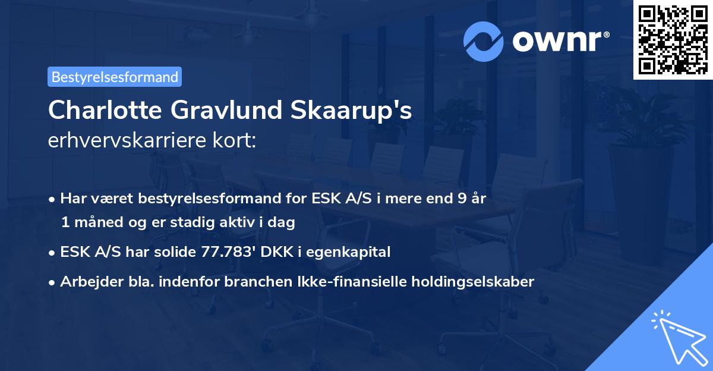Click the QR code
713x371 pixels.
click(x=673, y=40)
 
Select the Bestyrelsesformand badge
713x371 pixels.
click(x=115, y=77)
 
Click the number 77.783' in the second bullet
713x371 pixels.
click(x=223, y=252)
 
